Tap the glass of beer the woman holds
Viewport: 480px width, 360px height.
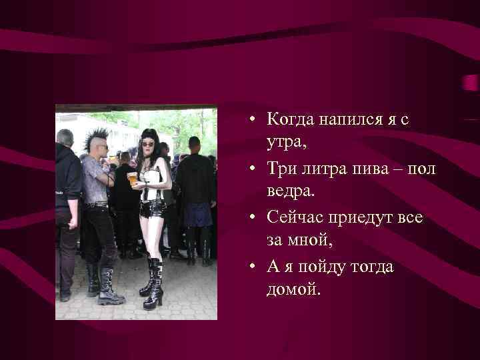(133, 178)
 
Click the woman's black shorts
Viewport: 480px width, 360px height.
(153, 209)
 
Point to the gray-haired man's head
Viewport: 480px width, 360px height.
(65, 138)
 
